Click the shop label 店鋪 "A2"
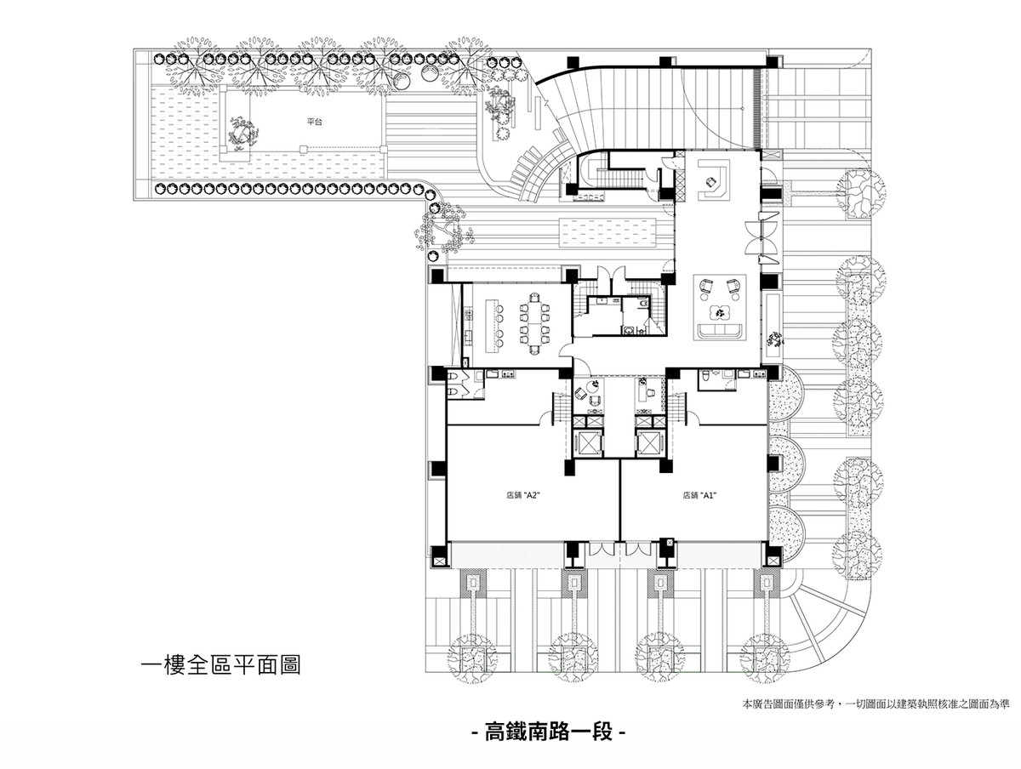pos(522,495)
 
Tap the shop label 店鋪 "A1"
pos(699,495)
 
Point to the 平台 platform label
pos(315,122)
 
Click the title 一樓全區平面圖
pos(220,665)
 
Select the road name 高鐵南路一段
pos(548,732)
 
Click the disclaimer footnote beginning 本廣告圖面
pos(876,704)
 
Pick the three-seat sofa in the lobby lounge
pos(720,330)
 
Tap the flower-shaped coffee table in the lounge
pos(720,312)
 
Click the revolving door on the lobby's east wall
pos(760,237)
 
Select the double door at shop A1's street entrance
pos(636,549)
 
